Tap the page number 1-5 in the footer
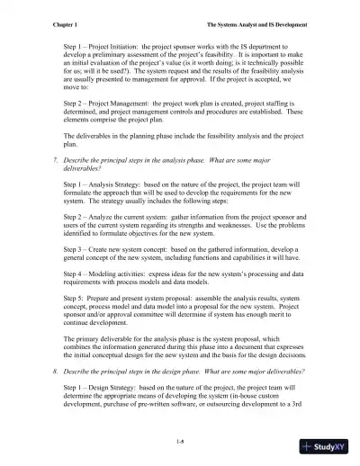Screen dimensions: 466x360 tap(180, 440)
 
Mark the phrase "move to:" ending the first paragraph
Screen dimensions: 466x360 tap(77, 90)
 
